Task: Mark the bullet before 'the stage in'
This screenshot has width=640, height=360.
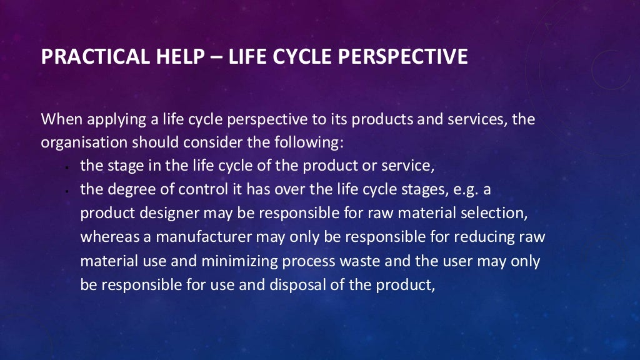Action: pos(66,168)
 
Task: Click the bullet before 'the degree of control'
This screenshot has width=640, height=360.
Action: pos(66,191)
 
